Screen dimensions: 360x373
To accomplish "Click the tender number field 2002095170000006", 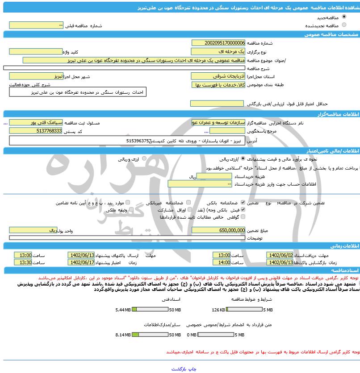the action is pos(218,43).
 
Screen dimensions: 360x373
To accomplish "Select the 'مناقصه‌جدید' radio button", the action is pos(343,16).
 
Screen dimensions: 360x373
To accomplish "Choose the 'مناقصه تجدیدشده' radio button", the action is pos(343,25).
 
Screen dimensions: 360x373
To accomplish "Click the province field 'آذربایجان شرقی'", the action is pos(218,76).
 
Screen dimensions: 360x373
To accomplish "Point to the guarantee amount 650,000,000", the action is pos(218,230).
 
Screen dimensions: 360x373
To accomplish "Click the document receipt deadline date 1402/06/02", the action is pos(280,255).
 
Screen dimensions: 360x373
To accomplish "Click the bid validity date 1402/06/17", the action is pos(81,262).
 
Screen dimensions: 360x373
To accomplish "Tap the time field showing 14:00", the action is pos(222,262).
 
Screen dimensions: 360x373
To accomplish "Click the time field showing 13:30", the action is pos(23,262).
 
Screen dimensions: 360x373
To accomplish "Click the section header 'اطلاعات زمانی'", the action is pos(344,246).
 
